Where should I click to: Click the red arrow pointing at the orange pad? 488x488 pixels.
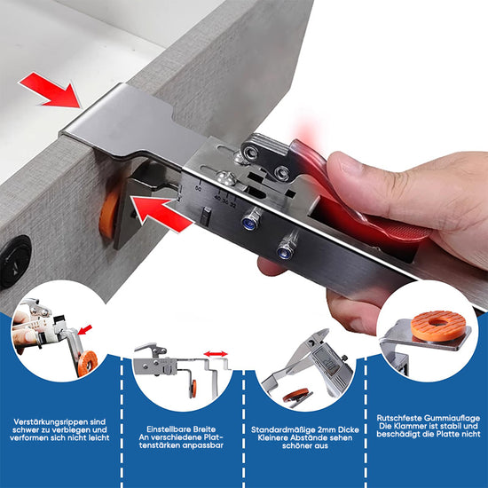coord(161,214)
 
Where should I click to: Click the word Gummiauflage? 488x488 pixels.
coord(452,418)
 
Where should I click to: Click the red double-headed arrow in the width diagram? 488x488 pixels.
coord(216,354)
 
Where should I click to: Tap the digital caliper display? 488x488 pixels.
coord(327,360)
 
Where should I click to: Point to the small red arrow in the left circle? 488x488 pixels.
coord(85,329)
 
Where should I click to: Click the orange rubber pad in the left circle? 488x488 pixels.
coord(87,363)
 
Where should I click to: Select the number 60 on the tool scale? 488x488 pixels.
coord(198,189)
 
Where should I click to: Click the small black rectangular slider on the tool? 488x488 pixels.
coord(205,216)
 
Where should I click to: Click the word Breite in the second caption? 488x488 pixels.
coord(205,429)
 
